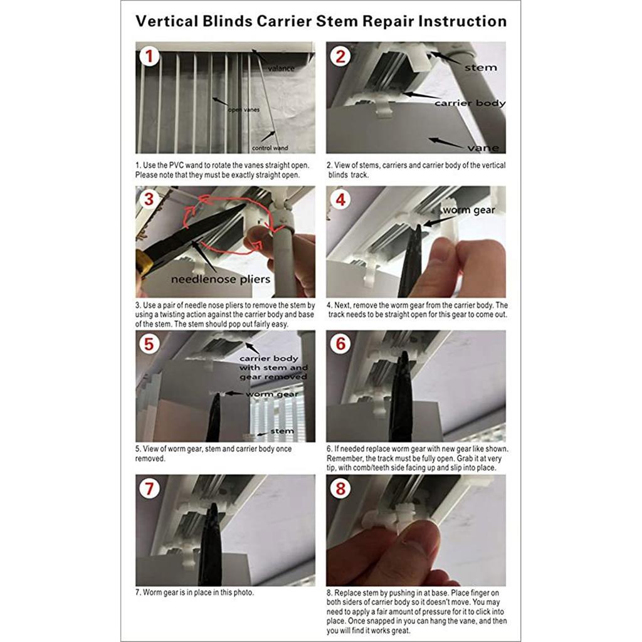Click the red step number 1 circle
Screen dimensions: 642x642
coord(149,57)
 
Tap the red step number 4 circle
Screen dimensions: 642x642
coord(340,201)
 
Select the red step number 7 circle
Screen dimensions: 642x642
coord(149,489)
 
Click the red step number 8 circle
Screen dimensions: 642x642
coord(340,489)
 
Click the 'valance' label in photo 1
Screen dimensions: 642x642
coord(281,68)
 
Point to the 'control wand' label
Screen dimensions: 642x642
coord(270,149)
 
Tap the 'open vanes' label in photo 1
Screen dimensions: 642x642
coord(244,110)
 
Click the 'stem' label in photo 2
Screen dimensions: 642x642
coord(482,67)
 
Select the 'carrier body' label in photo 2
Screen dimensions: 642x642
coord(470,103)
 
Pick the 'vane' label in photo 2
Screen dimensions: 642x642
coord(483,148)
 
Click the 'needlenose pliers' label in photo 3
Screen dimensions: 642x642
coord(221,279)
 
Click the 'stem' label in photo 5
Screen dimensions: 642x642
coord(282,431)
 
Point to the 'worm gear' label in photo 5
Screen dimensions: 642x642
coord(271,394)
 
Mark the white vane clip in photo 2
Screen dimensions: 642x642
coord(385,112)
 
